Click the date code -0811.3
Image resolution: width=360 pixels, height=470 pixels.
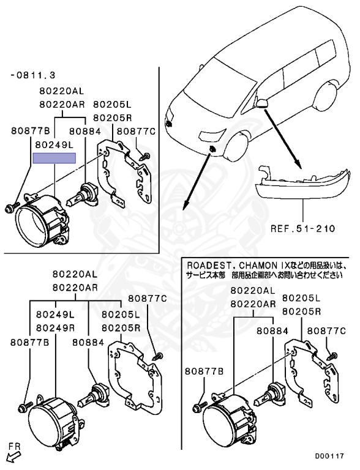point(33,75)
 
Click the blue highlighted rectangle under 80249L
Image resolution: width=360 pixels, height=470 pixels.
point(54,158)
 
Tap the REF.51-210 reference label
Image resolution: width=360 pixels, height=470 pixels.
point(302,229)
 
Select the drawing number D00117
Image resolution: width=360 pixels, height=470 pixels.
point(329,456)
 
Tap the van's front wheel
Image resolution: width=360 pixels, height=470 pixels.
point(237,147)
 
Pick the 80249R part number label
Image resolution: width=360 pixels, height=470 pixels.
point(55,328)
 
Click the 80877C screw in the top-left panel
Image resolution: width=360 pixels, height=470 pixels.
point(145,156)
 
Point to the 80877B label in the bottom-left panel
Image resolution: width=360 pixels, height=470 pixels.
point(30,342)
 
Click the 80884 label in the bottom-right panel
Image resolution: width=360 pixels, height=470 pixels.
point(272,331)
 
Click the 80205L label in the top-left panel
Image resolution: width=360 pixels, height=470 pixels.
point(112,104)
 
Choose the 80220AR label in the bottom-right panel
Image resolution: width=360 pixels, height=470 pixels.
point(253,304)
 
